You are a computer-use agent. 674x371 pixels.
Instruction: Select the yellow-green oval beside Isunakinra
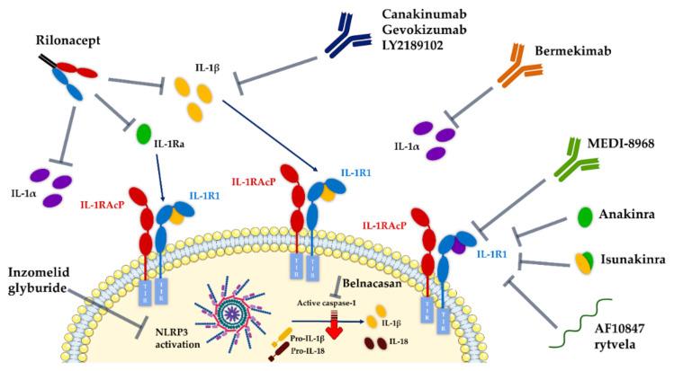585,261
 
